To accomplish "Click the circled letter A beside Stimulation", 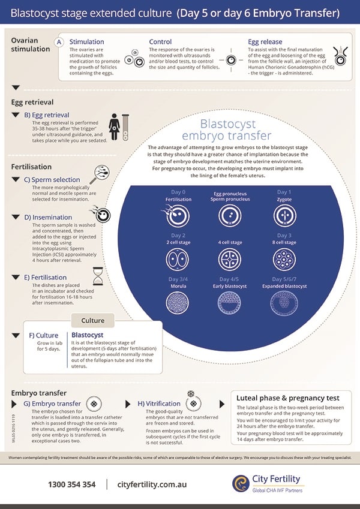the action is pyautogui.click(x=59, y=42).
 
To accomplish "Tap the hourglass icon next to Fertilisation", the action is pyautogui.click(x=98, y=276).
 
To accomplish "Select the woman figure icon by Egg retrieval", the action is pyautogui.click(x=114, y=127).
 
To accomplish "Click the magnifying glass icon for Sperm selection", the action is pyautogui.click(x=100, y=174).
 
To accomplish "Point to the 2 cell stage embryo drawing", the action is pyautogui.click(x=178, y=260).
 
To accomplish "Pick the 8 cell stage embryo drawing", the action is pyautogui.click(x=284, y=260).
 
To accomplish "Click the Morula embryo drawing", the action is pyautogui.click(x=178, y=303).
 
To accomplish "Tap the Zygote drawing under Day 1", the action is pyautogui.click(x=284, y=216).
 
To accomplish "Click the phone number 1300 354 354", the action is pyautogui.click(x=72, y=484).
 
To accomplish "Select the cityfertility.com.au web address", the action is pyautogui.click(x=152, y=484).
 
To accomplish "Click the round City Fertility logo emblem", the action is pyautogui.click(x=241, y=483).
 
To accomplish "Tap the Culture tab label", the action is pyautogui.click(x=93, y=320).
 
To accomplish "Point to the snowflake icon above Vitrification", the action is pyautogui.click(x=191, y=394).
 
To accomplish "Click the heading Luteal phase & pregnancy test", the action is pyautogui.click(x=288, y=398).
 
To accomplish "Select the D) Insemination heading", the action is pyautogui.click(x=48, y=217).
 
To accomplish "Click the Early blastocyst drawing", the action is pyautogui.click(x=229, y=303).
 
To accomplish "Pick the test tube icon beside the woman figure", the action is pyautogui.click(x=125, y=127).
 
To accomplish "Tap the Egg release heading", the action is pyautogui.click(x=265, y=42).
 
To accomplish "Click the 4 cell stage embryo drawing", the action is pyautogui.click(x=230, y=260).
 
